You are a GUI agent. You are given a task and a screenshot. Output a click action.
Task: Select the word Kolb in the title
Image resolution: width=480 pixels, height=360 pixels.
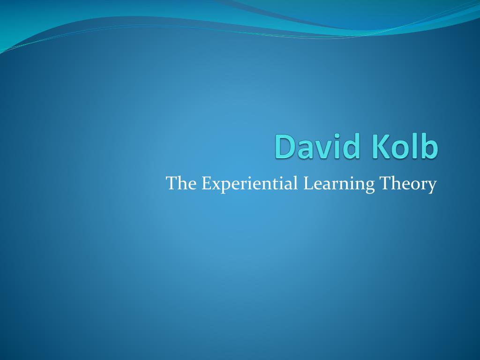[405, 147]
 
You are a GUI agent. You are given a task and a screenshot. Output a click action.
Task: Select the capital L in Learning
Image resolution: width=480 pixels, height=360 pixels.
[307, 183]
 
